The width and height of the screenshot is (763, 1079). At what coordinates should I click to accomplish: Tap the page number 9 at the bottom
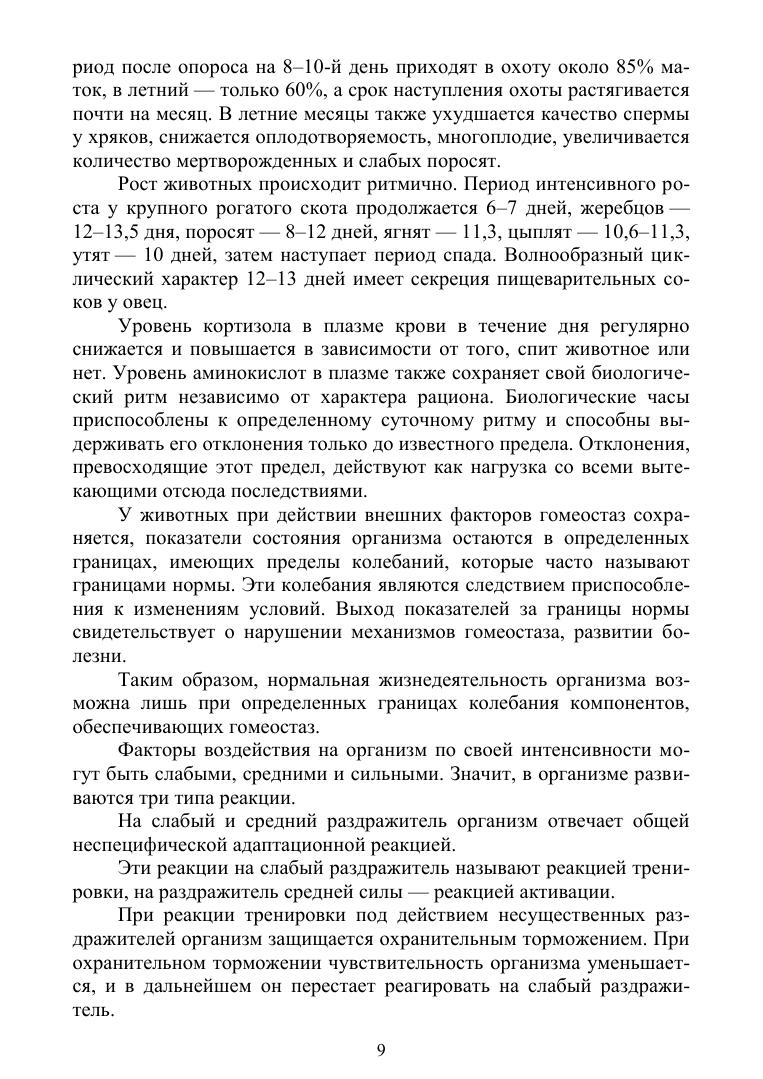click(x=381, y=1049)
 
